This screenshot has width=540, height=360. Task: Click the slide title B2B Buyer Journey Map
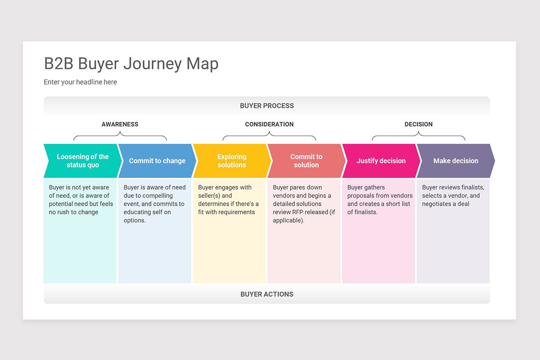pos(131,63)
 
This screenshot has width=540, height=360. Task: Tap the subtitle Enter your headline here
pos(80,82)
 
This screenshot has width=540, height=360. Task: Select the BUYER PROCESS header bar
pos(267,106)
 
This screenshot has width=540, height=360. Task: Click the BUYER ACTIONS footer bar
pos(267,294)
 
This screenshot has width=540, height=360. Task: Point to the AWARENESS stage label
pos(120,124)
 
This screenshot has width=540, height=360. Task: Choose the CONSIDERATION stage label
pos(269,124)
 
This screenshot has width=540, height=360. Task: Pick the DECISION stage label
pos(418,124)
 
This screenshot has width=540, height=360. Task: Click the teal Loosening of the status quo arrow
pos(82,161)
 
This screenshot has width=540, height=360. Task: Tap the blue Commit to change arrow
pos(157,161)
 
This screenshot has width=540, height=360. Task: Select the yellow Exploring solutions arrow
pos(232,161)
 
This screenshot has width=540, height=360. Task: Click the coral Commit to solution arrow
pos(306,161)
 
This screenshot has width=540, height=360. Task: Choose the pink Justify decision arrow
pos(381,161)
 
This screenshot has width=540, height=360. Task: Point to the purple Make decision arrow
pos(456,161)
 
